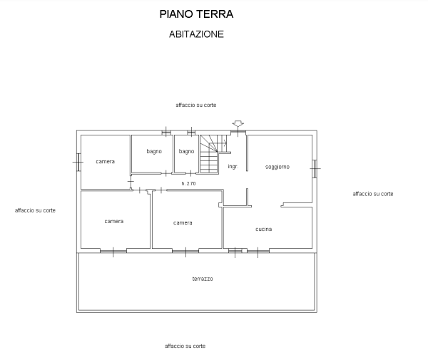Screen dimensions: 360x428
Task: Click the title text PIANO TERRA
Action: pyautogui.click(x=197, y=14)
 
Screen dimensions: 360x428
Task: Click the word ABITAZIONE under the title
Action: pyautogui.click(x=197, y=34)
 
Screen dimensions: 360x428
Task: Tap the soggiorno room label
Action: pyautogui.click(x=277, y=168)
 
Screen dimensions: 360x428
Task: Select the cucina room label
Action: pyautogui.click(x=263, y=229)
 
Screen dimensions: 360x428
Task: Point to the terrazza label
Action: pyautogui.click(x=203, y=278)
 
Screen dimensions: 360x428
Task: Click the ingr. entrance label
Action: pyautogui.click(x=233, y=167)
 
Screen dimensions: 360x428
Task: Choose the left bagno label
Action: pyautogui.click(x=154, y=151)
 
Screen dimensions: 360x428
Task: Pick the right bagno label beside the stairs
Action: pyautogui.click(x=186, y=151)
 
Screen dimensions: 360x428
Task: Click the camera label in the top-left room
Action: pyautogui.click(x=105, y=162)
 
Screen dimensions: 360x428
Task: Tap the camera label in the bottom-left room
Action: pyautogui.click(x=114, y=221)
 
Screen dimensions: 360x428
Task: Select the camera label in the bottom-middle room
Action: pyautogui.click(x=183, y=223)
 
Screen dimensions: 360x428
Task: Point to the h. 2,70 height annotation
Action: pyautogui.click(x=188, y=183)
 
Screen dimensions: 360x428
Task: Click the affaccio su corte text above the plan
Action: pyautogui.click(x=195, y=105)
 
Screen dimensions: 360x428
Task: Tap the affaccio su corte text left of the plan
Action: pyautogui.click(x=35, y=210)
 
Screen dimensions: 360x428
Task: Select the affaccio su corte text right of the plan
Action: pyautogui.click(x=373, y=193)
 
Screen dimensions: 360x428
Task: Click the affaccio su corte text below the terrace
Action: pyautogui.click(x=185, y=346)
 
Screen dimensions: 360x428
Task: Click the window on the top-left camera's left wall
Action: pyautogui.click(x=77, y=162)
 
